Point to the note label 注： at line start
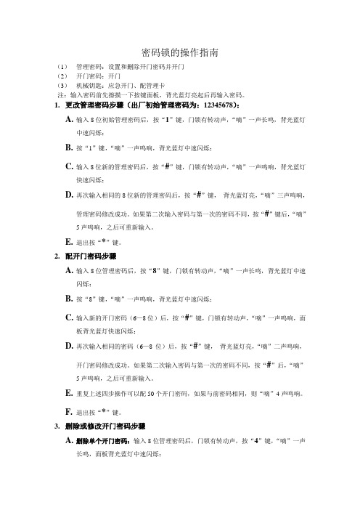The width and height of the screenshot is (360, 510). [60, 94]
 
